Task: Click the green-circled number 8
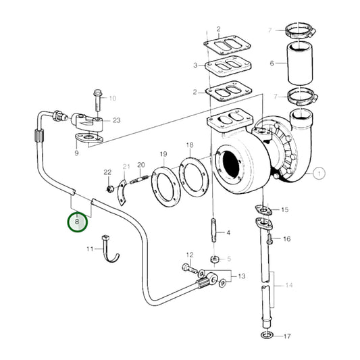click(x=77, y=221)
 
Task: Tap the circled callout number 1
click(x=319, y=174)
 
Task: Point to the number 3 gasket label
click(x=195, y=66)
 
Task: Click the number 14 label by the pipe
click(x=288, y=286)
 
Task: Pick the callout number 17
click(x=287, y=336)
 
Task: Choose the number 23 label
click(x=117, y=120)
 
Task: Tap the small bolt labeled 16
click(x=269, y=238)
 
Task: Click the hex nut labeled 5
click(x=214, y=259)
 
